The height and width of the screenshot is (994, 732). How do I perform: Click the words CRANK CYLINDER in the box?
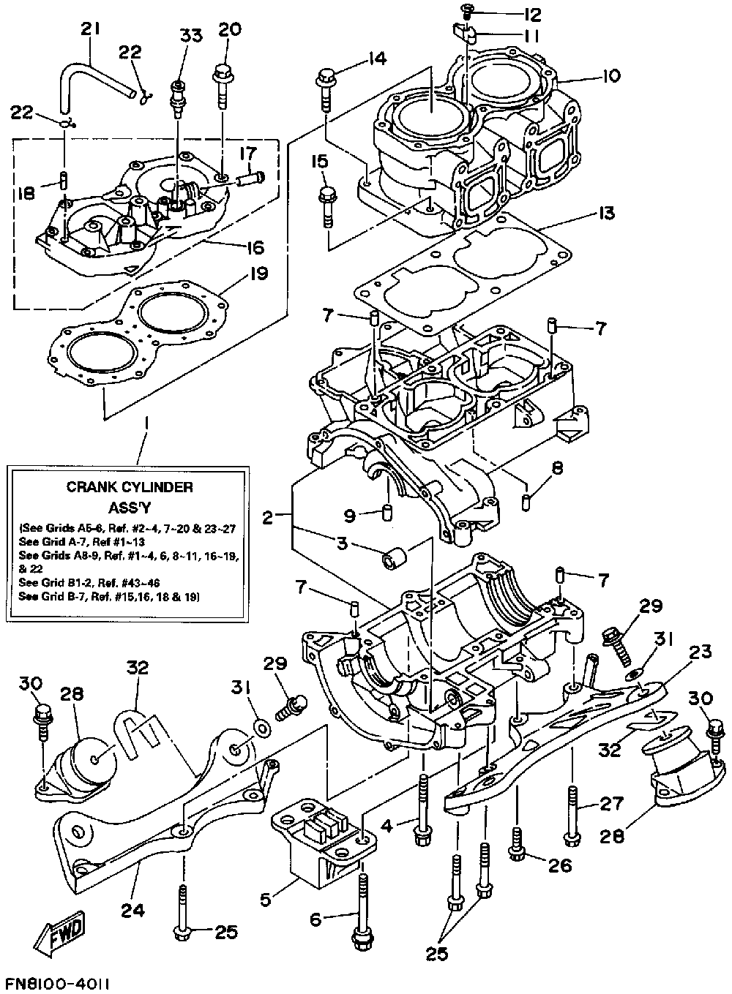(130, 486)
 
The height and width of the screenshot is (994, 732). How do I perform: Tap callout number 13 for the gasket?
(605, 214)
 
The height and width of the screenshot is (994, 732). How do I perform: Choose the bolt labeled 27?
(572, 812)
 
